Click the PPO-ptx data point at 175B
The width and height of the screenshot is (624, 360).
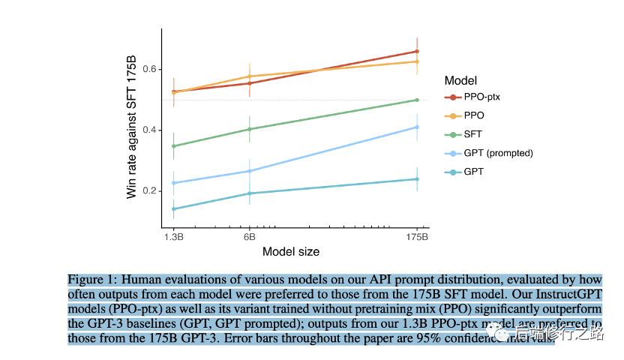[417, 52]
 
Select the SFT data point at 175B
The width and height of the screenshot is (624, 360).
[417, 100]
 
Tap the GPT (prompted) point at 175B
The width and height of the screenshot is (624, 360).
[417, 127]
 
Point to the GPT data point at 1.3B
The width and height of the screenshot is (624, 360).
[174, 209]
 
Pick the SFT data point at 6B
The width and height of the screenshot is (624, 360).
[249, 129]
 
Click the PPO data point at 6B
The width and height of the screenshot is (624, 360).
[249, 76]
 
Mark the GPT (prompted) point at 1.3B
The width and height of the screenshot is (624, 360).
[174, 183]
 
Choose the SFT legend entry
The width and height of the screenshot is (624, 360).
[473, 134]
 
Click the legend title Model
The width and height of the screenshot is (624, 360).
[460, 80]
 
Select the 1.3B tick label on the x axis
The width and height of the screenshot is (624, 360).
[174, 235]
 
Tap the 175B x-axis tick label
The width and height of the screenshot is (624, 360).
[417, 235]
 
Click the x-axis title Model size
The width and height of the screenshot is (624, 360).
[291, 251]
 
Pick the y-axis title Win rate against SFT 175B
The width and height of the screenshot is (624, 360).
[132, 128]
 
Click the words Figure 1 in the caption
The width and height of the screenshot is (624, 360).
[91, 278]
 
